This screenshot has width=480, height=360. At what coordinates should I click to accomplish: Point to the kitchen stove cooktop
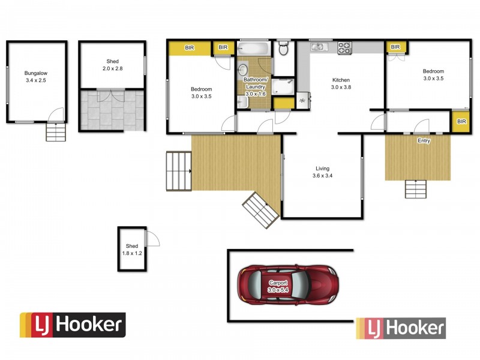pos(344,48)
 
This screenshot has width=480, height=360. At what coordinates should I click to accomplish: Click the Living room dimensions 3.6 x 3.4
pos(322,176)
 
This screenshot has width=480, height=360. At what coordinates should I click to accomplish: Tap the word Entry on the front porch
pos(424,140)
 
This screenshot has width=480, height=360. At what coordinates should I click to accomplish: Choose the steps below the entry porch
pos(415,189)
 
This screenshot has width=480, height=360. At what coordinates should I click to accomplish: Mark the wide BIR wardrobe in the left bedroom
pos(189,47)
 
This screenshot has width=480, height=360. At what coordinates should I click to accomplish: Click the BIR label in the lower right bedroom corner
pos(461,122)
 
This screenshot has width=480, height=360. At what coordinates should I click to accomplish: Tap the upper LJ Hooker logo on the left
pos(73,325)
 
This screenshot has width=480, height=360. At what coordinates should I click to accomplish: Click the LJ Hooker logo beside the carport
pos(401,328)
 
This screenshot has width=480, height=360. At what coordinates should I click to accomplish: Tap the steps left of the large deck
pos(178,171)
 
